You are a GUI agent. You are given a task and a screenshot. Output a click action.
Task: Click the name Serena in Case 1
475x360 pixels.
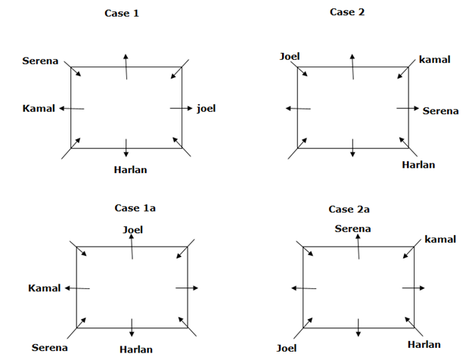coord(41,61)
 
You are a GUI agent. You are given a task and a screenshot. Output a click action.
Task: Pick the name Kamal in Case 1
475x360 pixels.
coord(39,108)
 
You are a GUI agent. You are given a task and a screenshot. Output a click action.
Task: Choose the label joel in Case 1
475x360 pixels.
coord(206,108)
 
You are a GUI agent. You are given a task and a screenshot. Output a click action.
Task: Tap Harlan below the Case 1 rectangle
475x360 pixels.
coord(129,169)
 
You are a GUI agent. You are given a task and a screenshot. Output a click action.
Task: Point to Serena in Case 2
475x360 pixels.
coord(440,110)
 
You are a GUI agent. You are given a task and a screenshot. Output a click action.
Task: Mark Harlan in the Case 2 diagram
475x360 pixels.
coord(418,165)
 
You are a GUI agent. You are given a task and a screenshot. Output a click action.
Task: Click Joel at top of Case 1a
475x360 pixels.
coord(133,230)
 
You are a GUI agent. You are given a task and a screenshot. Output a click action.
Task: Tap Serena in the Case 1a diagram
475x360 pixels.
coord(50,348)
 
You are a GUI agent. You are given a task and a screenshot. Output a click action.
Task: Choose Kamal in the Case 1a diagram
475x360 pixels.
coord(44,288)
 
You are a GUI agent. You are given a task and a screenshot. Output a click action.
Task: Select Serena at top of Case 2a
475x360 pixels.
coord(352,228)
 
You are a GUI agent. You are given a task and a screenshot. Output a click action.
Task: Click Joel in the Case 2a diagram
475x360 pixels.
coord(287,348)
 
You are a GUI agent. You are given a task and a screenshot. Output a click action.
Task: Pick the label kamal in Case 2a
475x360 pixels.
coord(440,239)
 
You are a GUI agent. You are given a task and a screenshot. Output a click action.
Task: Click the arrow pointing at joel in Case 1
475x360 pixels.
coord(182,108)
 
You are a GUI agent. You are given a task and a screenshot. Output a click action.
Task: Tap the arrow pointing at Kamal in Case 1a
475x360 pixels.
coord(78,288)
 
